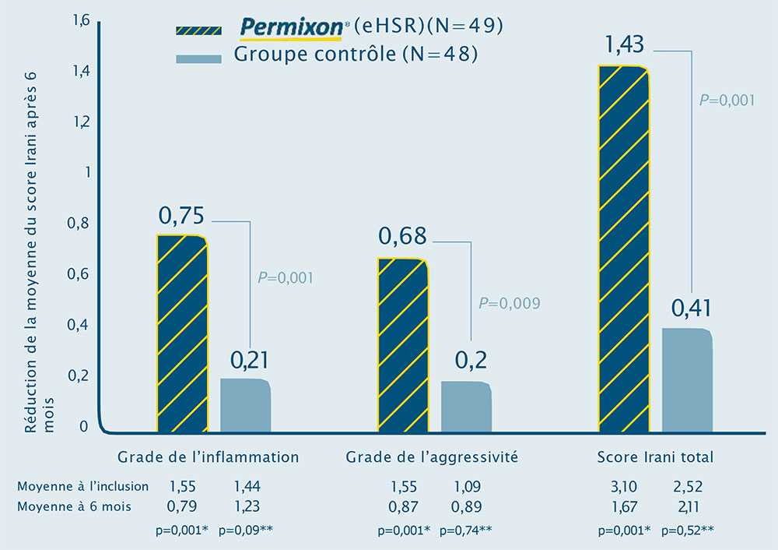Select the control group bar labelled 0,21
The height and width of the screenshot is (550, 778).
(245, 405)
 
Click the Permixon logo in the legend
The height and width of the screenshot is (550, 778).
(291, 28)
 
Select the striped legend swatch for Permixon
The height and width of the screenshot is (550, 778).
(201, 29)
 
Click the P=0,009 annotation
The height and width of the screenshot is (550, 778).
(509, 303)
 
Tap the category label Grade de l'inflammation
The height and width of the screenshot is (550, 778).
(208, 457)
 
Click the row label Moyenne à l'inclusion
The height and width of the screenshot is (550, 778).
(82, 486)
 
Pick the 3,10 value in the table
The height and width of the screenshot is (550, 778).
(620, 487)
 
